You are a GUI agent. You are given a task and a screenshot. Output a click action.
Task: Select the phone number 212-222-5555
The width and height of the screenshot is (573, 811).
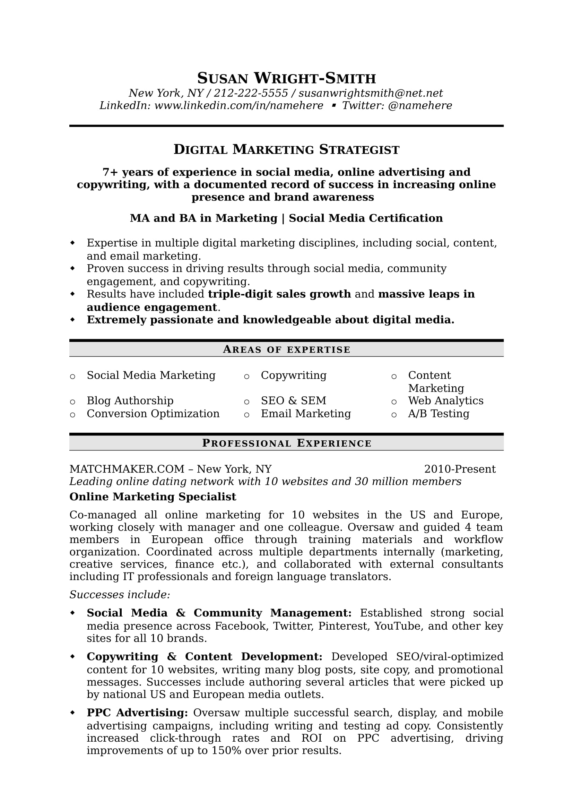pos(251,93)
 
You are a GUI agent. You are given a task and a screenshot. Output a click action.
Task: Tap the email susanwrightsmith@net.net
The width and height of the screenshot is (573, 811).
pos(370,93)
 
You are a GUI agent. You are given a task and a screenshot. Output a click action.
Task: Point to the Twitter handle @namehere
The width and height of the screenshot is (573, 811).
pos(420,106)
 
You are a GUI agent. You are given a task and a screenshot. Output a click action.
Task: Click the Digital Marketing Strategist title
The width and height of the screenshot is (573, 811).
pos(286,150)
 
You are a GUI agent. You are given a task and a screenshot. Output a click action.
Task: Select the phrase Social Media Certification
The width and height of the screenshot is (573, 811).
pos(366,218)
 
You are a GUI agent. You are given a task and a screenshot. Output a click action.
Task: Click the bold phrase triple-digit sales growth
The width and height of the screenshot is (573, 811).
pos(279,294)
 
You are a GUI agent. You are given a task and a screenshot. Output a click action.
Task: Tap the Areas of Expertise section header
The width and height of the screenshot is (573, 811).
pos(286,350)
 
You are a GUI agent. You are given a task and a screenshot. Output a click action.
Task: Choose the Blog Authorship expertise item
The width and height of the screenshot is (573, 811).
pos(130,401)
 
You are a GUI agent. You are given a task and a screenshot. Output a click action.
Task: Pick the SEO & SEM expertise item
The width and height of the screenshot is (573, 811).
pos(293,401)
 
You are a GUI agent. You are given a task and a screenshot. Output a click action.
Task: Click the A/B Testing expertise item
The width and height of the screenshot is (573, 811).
pos(439,414)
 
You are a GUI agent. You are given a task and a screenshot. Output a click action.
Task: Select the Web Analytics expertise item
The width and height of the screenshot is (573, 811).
pos(445,401)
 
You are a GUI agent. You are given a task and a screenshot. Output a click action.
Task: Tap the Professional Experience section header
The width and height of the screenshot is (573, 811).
pos(286,443)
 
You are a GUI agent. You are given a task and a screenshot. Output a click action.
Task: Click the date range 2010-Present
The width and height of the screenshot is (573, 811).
pos(460,469)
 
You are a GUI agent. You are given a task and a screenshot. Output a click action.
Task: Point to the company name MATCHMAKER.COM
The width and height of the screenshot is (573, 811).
pos(127,469)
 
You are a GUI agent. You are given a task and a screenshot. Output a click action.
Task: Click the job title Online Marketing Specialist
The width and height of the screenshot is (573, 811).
pos(153,497)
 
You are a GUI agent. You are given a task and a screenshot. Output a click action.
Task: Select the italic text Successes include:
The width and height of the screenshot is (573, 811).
pos(120,595)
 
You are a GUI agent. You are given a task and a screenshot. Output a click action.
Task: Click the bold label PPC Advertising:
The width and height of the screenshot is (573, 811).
pos(137,713)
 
